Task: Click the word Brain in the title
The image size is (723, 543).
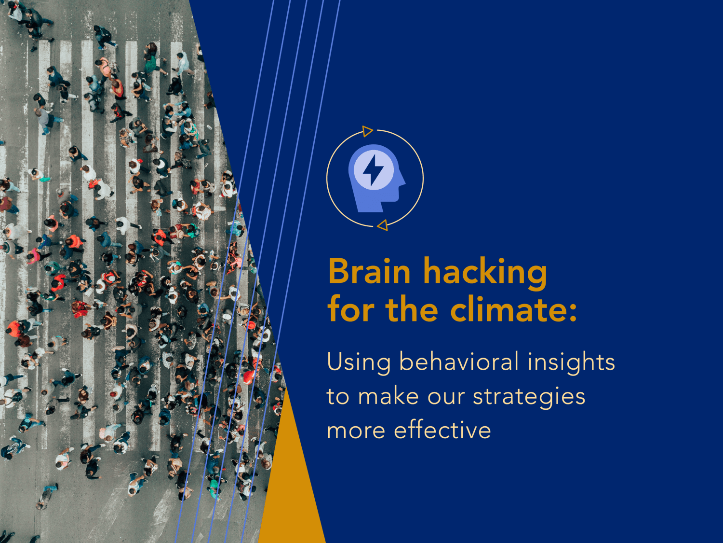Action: (x=369, y=272)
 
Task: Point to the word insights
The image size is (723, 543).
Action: (x=571, y=362)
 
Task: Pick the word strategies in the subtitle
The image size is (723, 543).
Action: (x=529, y=397)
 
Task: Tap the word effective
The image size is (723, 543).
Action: (x=442, y=430)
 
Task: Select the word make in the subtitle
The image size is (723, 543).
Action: (x=388, y=396)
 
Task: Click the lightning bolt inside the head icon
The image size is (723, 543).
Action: (x=373, y=170)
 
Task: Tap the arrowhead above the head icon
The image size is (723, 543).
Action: (x=367, y=131)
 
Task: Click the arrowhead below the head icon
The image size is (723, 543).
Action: (x=383, y=225)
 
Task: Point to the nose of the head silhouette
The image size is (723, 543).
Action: (x=403, y=182)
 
